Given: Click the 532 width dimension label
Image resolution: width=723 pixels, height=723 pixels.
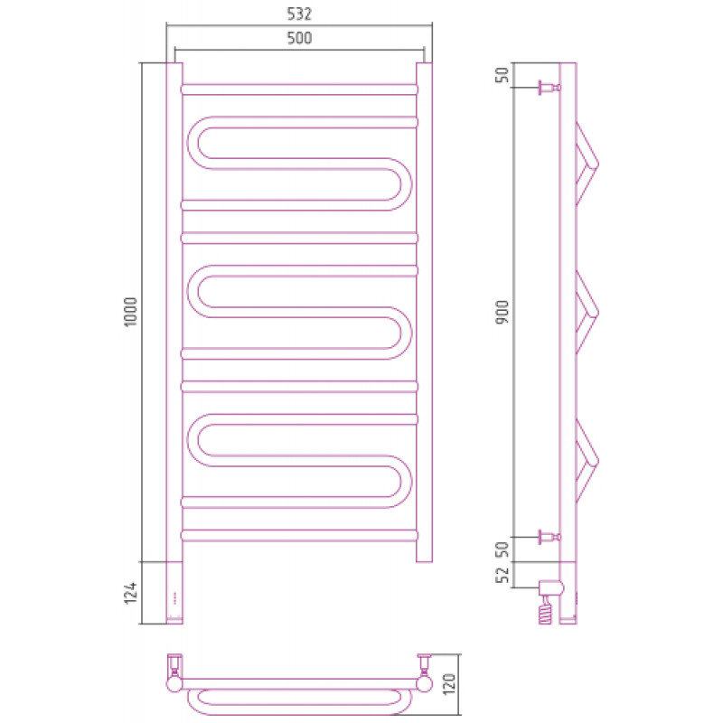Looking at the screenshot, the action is [x=299, y=14].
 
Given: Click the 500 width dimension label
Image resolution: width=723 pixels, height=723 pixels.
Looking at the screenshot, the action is [x=299, y=38].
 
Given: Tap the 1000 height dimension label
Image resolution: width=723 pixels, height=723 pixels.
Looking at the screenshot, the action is [x=130, y=312].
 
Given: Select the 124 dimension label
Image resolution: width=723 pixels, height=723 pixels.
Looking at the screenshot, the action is [x=130, y=593].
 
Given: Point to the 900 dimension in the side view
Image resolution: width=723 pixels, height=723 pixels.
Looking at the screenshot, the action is [x=502, y=312].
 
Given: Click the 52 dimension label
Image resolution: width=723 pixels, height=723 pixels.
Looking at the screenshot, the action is [x=502, y=575].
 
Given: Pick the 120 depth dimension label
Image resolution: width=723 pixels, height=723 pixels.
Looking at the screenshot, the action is [x=448, y=684].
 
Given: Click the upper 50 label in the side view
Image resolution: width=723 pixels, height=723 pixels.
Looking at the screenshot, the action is [x=502, y=75].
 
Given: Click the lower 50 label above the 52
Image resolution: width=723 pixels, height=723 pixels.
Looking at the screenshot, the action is [x=502, y=549].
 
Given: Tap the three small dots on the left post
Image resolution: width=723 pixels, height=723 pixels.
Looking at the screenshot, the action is [x=174, y=597].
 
